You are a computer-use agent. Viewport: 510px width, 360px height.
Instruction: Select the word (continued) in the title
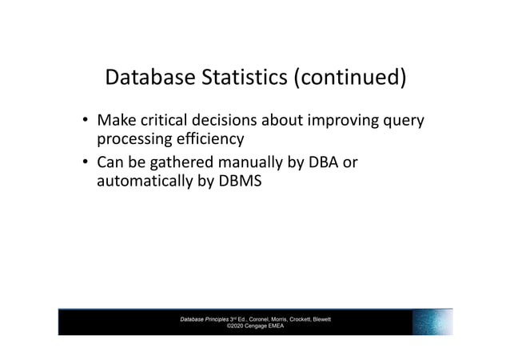349,78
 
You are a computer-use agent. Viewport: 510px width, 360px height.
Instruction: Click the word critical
160,122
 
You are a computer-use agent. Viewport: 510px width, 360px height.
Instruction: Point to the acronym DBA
320,163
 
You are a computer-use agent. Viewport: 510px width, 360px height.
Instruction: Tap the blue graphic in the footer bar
432,322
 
